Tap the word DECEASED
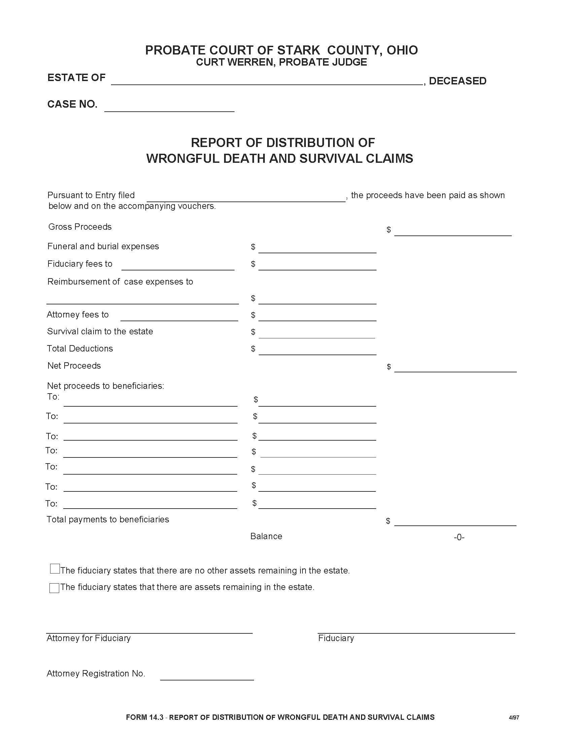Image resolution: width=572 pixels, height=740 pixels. (458, 81)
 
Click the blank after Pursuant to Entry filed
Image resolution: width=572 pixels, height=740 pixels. (246, 198)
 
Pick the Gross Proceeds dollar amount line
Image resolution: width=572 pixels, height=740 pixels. (453, 232)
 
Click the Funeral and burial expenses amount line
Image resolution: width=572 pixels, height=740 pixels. (317, 249)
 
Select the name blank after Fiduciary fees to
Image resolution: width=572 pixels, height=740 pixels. (178, 266)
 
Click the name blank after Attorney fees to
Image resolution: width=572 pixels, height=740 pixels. (179, 317)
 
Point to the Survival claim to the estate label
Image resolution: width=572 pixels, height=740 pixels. (100, 331)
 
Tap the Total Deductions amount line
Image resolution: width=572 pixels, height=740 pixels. (317, 351)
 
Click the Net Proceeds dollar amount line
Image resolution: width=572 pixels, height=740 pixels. (455, 368)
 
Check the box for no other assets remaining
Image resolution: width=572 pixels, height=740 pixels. (55, 568)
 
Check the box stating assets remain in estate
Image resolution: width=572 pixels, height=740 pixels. (54, 588)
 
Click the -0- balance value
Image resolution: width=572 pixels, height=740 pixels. (459, 537)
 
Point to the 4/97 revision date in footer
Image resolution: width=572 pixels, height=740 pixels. (514, 717)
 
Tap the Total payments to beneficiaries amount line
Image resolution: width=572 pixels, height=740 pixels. (455, 522)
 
